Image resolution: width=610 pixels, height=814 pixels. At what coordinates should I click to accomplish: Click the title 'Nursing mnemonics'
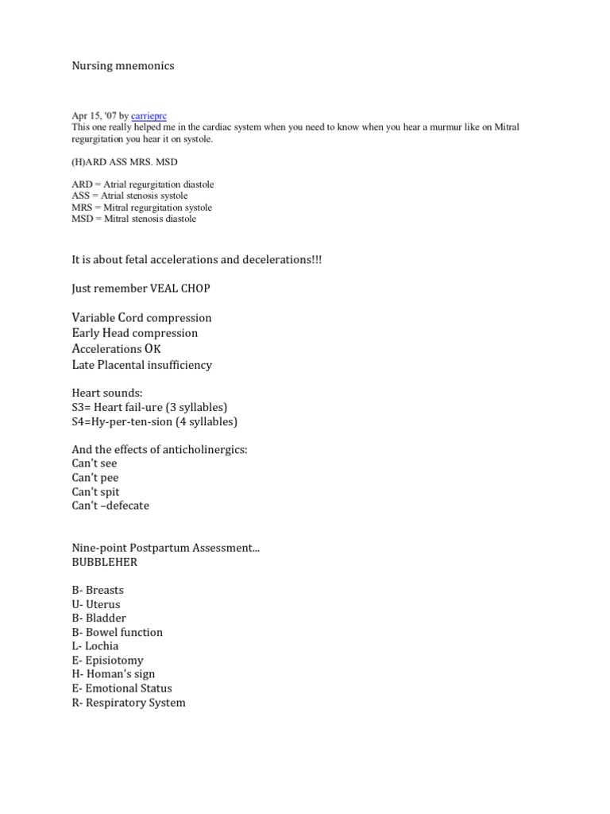click(x=122, y=66)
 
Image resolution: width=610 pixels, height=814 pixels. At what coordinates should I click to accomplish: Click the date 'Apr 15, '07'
click(x=95, y=116)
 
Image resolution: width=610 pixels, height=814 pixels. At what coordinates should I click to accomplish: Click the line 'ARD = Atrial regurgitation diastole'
click(x=142, y=184)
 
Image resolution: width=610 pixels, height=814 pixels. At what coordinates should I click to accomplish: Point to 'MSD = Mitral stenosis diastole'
click(x=133, y=219)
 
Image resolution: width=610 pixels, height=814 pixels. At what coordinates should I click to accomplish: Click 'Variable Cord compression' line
click(x=141, y=318)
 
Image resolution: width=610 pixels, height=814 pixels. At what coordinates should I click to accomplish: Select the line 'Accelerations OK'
click(x=118, y=349)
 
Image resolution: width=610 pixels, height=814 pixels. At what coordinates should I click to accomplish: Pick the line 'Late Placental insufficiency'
click(x=141, y=365)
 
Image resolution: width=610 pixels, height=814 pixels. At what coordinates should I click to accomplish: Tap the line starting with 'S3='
click(x=149, y=408)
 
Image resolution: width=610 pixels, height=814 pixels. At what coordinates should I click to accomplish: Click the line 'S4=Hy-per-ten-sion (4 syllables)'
click(x=154, y=422)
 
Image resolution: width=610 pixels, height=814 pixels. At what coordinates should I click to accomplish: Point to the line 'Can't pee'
click(x=95, y=478)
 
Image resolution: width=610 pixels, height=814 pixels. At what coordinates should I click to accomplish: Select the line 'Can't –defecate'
click(x=110, y=506)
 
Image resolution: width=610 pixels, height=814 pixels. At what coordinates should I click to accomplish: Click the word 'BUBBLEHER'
click(x=103, y=562)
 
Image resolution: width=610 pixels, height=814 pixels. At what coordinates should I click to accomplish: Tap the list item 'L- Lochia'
click(x=95, y=646)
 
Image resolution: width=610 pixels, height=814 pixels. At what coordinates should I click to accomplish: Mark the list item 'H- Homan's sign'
click(x=112, y=674)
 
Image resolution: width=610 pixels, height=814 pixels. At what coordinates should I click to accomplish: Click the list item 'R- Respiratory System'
click(x=128, y=703)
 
